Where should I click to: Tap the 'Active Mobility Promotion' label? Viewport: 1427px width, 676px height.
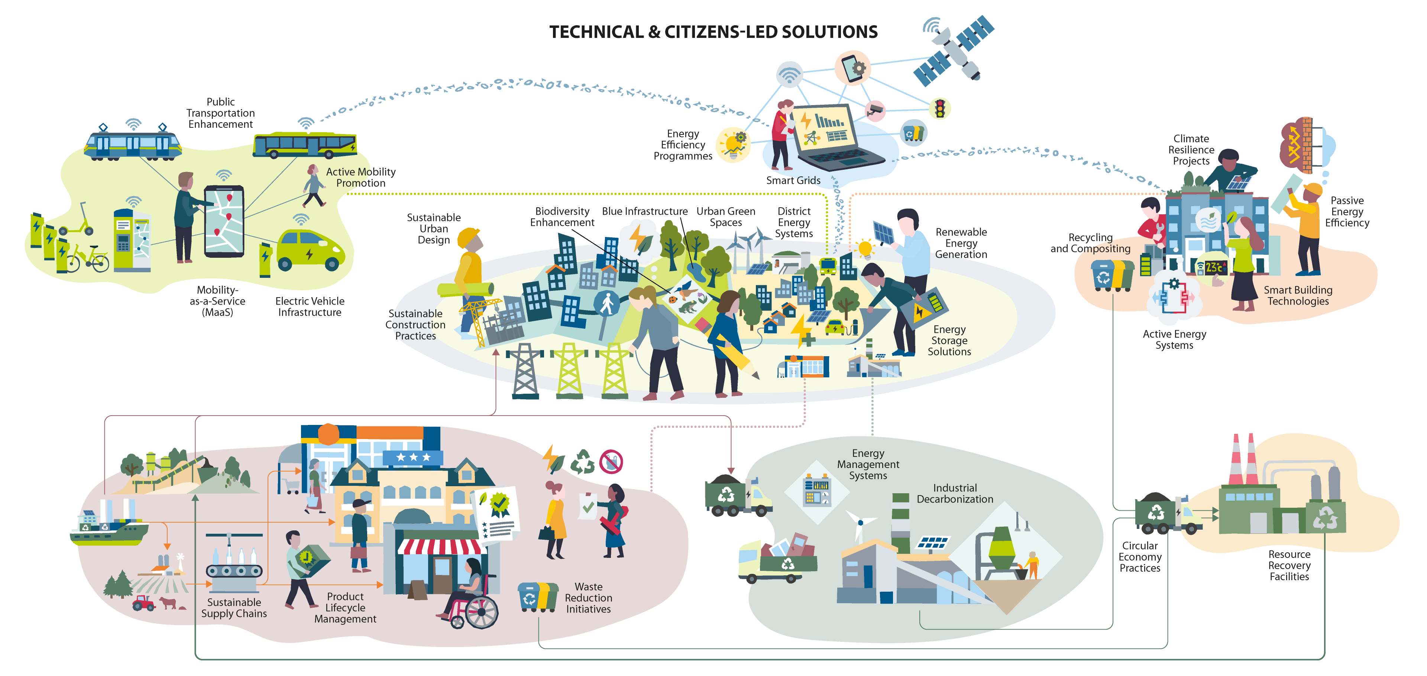pyautogui.click(x=360, y=177)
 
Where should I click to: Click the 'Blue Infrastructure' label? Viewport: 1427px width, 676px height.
pyautogui.click(x=644, y=211)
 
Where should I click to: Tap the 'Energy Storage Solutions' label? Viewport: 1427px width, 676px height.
pyautogui.click(x=949, y=341)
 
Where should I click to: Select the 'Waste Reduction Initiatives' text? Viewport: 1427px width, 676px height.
pyautogui.click(x=588, y=598)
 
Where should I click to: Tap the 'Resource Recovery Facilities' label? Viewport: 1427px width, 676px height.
pyautogui.click(x=1289, y=565)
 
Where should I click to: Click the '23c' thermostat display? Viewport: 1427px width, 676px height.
pyautogui.click(x=1214, y=267)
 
